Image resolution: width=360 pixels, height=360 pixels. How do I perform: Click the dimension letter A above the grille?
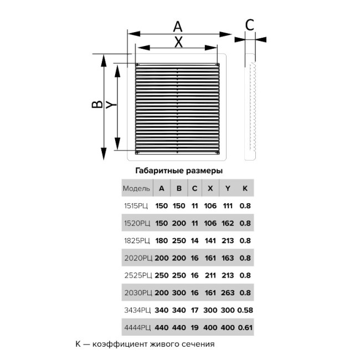click(x=177, y=25)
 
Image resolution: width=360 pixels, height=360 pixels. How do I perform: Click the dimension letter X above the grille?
click(x=178, y=42)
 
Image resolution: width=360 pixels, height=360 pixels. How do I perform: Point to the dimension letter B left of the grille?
click(x=96, y=105)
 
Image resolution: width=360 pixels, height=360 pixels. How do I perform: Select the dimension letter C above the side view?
click(x=249, y=25)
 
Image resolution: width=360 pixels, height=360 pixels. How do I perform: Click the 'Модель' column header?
click(x=136, y=188)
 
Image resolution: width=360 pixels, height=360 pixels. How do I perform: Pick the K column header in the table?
click(x=245, y=188)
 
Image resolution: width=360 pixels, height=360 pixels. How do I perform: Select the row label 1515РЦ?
click(x=137, y=206)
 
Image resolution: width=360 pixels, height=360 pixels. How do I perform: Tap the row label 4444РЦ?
click(x=137, y=327)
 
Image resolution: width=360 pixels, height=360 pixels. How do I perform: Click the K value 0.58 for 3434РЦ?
click(x=245, y=310)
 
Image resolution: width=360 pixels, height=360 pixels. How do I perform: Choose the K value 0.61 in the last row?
click(x=245, y=327)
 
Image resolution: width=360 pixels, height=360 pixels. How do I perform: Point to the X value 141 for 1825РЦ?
click(x=210, y=240)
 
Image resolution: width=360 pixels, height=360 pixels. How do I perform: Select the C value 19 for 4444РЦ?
click(x=194, y=327)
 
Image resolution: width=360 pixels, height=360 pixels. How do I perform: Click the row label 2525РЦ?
click(x=137, y=275)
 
